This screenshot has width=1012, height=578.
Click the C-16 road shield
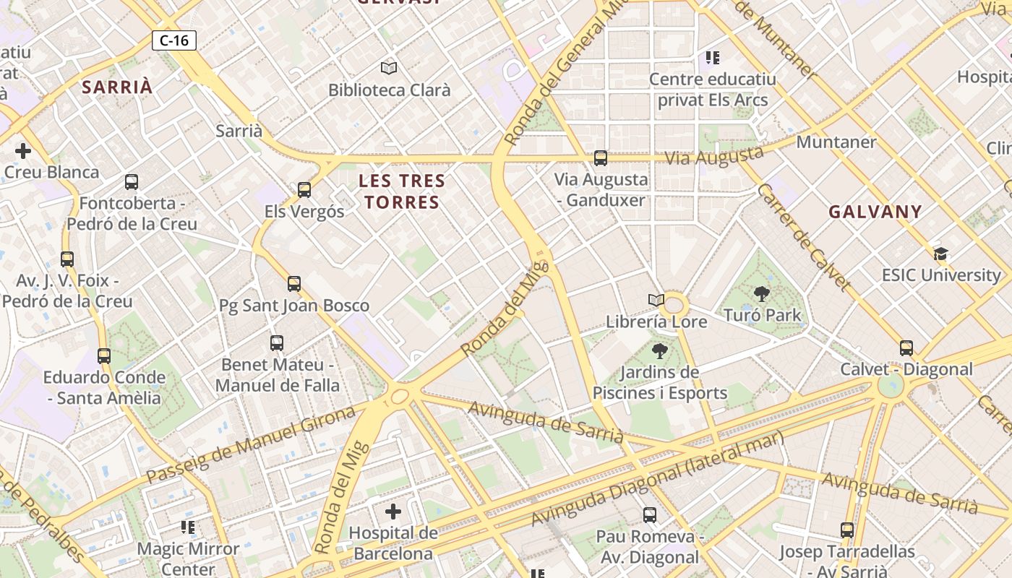(174, 40)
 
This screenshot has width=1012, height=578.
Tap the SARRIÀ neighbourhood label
(117, 87)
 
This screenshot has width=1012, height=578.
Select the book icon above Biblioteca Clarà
(389, 69)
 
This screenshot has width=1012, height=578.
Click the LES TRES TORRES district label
(402, 191)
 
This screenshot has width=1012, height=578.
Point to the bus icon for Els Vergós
(304, 190)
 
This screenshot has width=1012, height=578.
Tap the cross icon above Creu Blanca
(23, 151)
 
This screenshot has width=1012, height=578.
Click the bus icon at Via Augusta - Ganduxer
(600, 158)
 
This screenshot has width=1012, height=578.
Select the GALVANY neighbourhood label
(875, 212)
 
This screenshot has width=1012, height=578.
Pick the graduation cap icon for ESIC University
(940, 254)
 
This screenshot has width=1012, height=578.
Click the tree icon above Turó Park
(761, 294)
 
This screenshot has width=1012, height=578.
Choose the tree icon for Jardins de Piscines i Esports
(659, 352)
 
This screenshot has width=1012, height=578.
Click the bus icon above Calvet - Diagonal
(906, 348)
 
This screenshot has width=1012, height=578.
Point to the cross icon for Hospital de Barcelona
(393, 512)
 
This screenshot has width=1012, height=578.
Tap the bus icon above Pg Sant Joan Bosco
(293, 284)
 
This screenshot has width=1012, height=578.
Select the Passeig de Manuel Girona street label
(251, 444)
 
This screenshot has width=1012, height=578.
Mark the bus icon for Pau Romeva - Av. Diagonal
(650, 515)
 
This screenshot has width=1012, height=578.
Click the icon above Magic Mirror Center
(189, 527)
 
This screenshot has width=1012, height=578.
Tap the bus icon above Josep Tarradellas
(847, 530)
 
